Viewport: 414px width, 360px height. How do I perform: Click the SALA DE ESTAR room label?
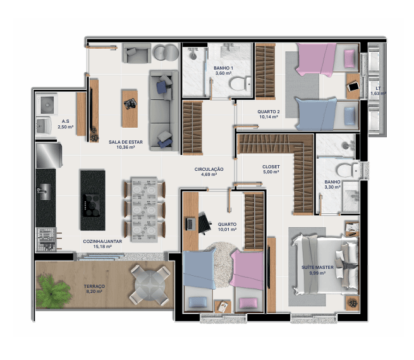[x=126, y=142]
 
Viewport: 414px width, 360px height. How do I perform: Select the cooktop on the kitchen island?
[x=92, y=206]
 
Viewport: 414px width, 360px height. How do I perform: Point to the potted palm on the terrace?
[x=52, y=291]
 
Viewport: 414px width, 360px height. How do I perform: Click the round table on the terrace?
[x=150, y=285]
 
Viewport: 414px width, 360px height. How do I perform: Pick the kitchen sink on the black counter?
[x=44, y=191]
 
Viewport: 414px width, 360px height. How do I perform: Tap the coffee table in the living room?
[x=130, y=109]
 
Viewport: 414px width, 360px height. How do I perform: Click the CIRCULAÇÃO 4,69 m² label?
[x=209, y=171]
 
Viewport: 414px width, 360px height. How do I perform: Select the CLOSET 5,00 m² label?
[x=271, y=169]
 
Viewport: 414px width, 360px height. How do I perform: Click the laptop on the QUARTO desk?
[x=190, y=224]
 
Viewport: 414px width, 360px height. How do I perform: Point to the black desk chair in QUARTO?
[x=204, y=223]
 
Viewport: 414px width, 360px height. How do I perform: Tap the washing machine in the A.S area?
[x=47, y=104]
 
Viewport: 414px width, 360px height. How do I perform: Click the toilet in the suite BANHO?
[x=348, y=170]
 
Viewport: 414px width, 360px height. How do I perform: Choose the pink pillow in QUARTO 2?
[x=350, y=59]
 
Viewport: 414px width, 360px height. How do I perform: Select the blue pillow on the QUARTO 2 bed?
[x=350, y=116]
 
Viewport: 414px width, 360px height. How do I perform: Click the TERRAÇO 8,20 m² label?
[x=94, y=289]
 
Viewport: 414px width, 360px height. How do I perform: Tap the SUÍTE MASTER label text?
[x=317, y=268]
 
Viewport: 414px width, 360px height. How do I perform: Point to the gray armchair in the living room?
[x=137, y=53]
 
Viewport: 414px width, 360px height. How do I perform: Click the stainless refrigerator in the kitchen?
[x=49, y=155]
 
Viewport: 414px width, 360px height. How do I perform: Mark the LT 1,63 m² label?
[x=378, y=91]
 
